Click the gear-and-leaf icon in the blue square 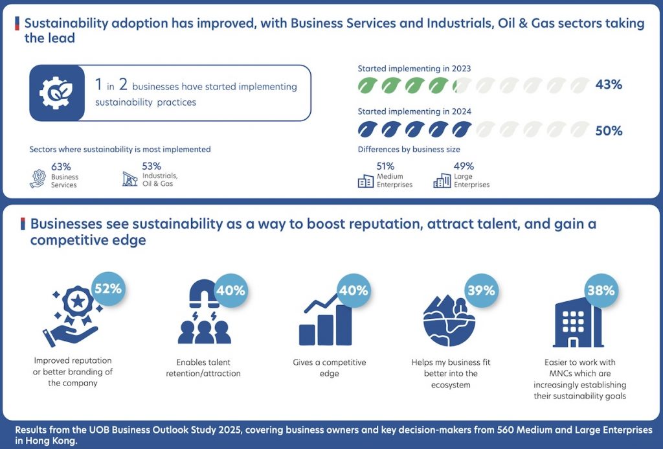click(56, 93)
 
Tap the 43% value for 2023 click(609, 85)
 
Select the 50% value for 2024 click(609, 131)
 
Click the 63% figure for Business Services click(61, 167)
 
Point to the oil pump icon click(129, 179)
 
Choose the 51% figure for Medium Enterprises click(385, 166)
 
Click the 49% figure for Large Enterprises click(464, 166)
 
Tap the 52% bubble click(108, 288)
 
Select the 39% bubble click(482, 290)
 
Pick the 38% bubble click(601, 290)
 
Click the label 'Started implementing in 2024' click(414, 111)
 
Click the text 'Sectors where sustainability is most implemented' click(120, 150)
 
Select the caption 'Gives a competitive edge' click(330, 368)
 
